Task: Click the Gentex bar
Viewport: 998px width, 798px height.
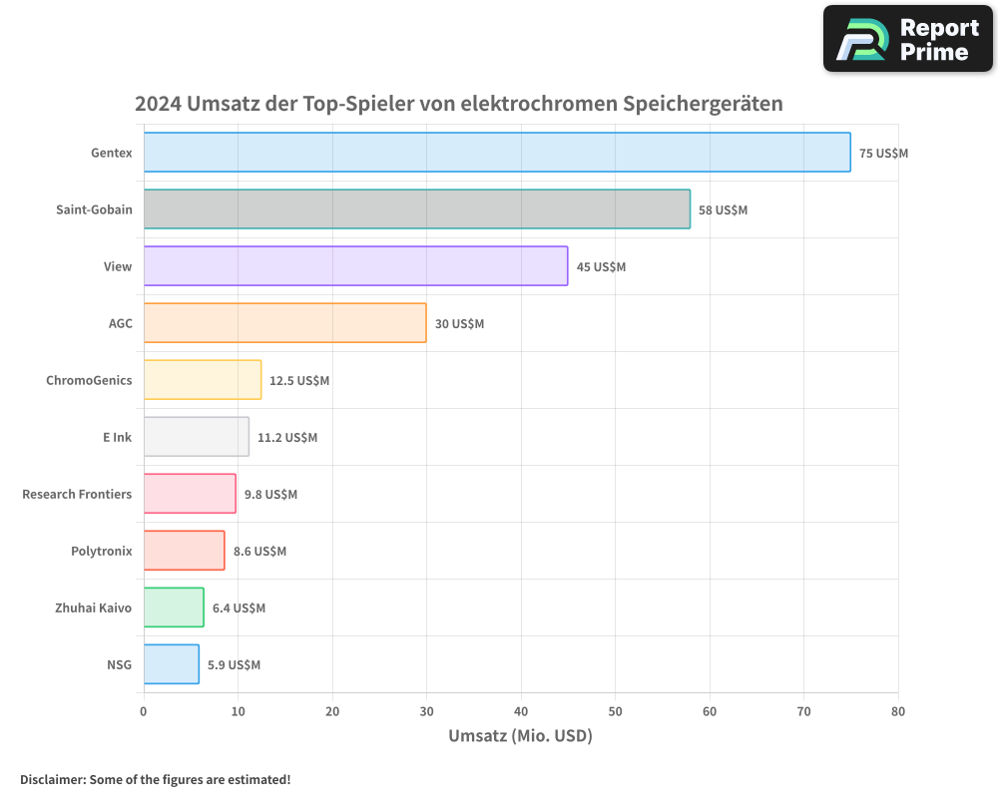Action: coord(497,153)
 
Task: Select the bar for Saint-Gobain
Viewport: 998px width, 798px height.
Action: coord(416,209)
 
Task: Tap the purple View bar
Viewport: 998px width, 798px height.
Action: coord(355,266)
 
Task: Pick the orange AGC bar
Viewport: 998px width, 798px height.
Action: coord(284,323)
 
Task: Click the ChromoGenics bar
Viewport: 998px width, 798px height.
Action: coord(203,380)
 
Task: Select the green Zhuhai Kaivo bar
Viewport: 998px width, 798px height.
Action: coord(174,607)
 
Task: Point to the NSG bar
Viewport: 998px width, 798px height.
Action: coord(171,664)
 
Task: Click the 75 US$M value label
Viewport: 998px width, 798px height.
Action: coord(883,154)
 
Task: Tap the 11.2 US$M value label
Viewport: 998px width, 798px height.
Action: coord(287,438)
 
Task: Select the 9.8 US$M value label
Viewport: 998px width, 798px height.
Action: coord(270,495)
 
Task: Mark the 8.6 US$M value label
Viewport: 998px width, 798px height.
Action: coord(259,552)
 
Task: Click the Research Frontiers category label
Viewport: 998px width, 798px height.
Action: coord(77,494)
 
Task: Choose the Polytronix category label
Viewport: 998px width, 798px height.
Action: coord(101,551)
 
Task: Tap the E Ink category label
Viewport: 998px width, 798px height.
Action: coord(117,437)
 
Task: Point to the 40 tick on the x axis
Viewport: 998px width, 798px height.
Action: coord(521,711)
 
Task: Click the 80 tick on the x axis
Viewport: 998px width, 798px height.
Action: coord(898,711)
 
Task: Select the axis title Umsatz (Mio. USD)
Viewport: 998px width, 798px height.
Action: coord(520,736)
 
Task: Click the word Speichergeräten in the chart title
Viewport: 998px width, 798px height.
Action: coord(703,104)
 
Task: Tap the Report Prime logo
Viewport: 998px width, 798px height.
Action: coord(908,39)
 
